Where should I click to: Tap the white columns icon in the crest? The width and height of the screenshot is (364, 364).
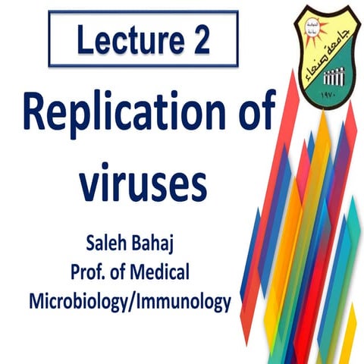[x=332, y=79]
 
